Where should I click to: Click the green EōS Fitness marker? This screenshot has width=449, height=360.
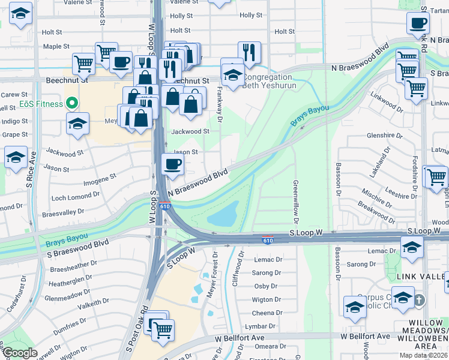71,103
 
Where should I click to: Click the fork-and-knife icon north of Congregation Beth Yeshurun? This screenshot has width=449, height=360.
249,53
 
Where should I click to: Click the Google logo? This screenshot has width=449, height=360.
20,352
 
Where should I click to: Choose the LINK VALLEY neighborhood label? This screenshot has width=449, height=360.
419,276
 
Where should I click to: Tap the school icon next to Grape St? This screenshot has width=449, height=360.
77,124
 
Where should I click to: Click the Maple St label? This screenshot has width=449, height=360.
52,46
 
